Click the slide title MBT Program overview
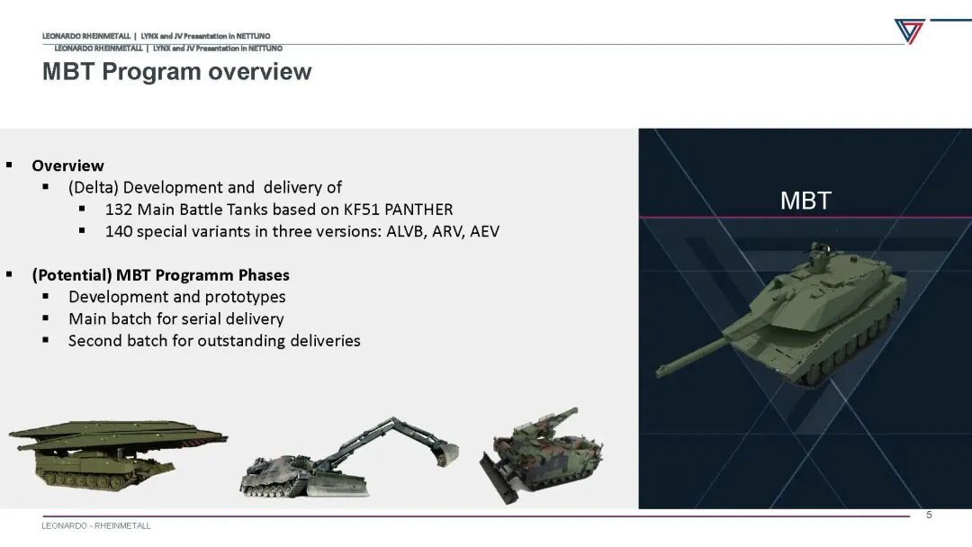(176, 72)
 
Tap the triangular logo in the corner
(909, 31)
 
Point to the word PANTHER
(419, 210)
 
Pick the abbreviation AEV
(484, 231)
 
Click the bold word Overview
(68, 166)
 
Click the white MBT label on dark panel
(805, 201)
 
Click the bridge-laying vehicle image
(118, 455)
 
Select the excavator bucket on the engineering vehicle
(447, 453)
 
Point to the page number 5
(929, 515)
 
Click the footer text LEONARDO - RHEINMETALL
(96, 526)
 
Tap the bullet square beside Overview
(9, 165)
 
